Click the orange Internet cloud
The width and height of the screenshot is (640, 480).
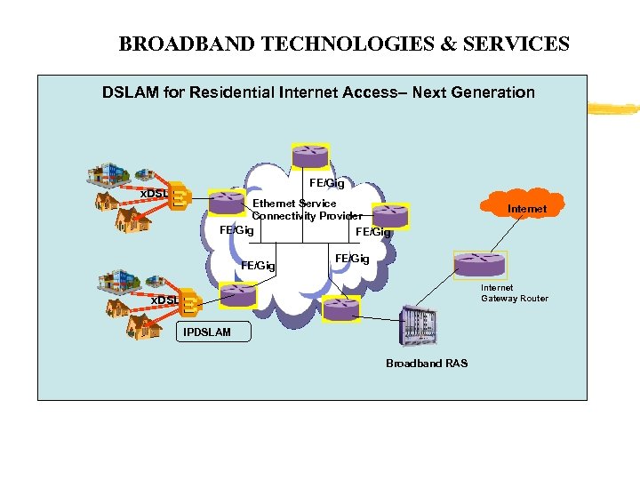coord(527,209)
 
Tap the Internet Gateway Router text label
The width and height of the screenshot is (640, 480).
coord(514,293)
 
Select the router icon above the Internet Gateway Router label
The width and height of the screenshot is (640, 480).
coord(479,264)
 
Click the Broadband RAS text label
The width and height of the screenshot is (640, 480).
coord(426,363)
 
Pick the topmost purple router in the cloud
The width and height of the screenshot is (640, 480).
coord(309,156)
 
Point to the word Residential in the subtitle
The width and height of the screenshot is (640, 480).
coord(225,92)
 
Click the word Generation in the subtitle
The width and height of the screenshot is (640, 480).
coord(494,92)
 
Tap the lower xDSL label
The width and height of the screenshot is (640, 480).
coord(164,300)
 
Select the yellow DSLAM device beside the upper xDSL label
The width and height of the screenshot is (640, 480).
coord(180,196)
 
